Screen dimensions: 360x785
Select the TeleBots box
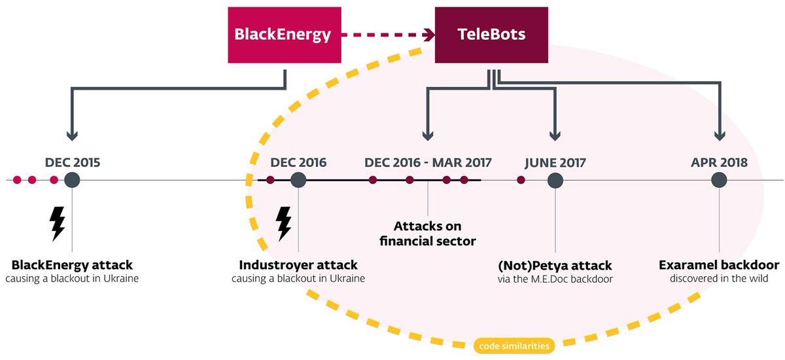(491, 35)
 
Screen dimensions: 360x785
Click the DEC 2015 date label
(73, 162)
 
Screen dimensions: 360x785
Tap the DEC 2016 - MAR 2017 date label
(428, 162)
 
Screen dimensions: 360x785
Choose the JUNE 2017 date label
(555, 162)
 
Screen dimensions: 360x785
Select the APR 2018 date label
(719, 162)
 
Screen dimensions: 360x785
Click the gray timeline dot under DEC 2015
(72, 180)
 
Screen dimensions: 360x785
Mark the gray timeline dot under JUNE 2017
(555, 180)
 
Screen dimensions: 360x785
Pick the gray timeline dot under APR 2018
(719, 180)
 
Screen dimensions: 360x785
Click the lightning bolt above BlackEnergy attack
(58, 224)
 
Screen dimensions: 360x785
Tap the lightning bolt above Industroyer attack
(283, 224)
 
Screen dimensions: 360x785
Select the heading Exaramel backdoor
(719, 265)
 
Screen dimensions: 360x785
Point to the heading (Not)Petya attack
(555, 265)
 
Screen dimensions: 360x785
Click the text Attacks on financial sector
(428, 233)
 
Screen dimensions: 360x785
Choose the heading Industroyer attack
(298, 265)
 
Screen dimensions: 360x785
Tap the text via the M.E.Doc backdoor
(555, 279)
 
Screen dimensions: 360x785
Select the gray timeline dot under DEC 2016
(298, 180)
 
